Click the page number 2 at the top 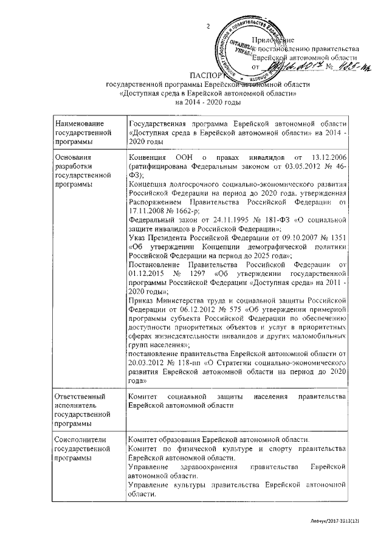click(208, 27)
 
